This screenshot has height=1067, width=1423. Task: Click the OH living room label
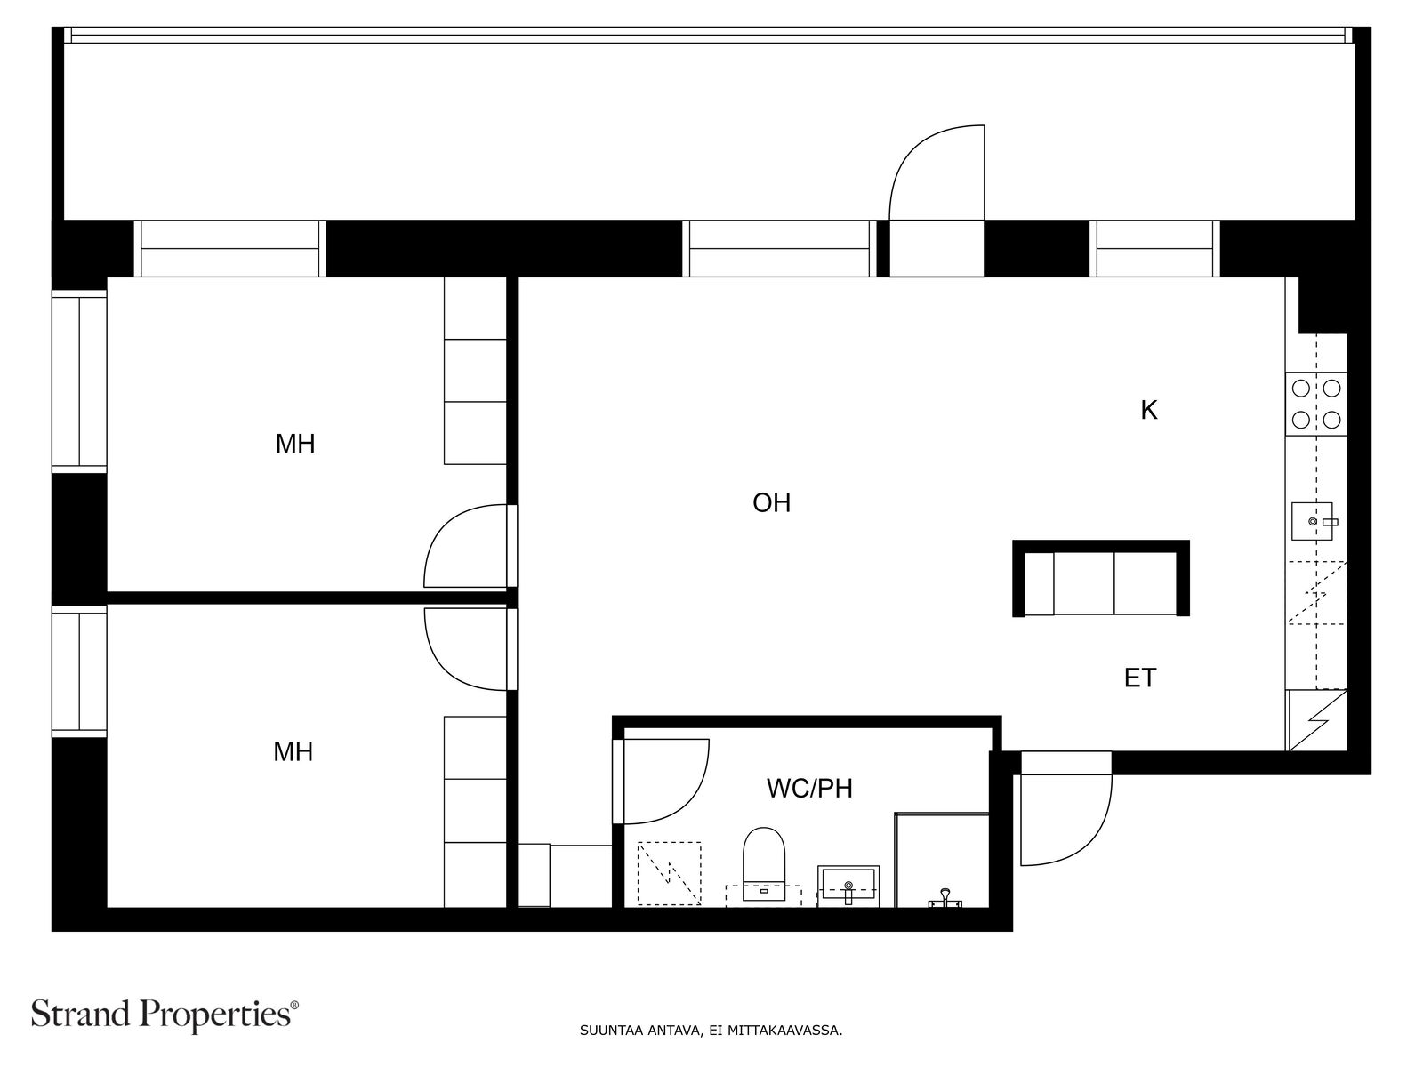click(x=771, y=502)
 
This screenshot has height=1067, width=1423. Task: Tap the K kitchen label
click(x=1149, y=410)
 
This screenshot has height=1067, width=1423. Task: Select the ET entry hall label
click(x=1140, y=678)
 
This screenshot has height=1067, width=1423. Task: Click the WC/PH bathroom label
click(x=809, y=789)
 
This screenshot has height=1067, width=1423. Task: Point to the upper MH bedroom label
click(x=295, y=444)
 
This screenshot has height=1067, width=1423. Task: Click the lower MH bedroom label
click(x=293, y=751)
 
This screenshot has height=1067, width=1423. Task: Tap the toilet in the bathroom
click(x=764, y=863)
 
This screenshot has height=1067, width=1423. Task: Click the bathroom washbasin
click(x=848, y=886)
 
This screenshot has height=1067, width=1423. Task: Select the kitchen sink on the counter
click(x=1313, y=522)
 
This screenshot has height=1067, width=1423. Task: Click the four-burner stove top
click(x=1316, y=405)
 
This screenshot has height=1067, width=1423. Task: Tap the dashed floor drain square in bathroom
click(x=669, y=873)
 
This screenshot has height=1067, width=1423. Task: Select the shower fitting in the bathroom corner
click(x=945, y=898)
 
